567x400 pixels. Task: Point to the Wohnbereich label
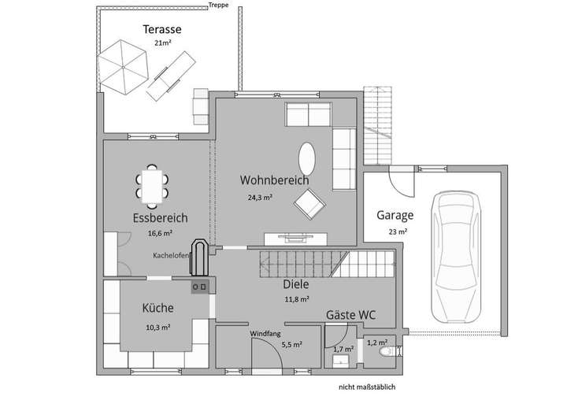coord(274,180)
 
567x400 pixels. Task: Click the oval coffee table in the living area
coord(306,157)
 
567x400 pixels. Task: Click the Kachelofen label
coord(172,256)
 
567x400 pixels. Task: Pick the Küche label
coord(157,308)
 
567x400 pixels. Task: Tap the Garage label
coord(395,214)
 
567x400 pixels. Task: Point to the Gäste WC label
coord(350,315)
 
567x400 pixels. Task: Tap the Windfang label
coord(265,334)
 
